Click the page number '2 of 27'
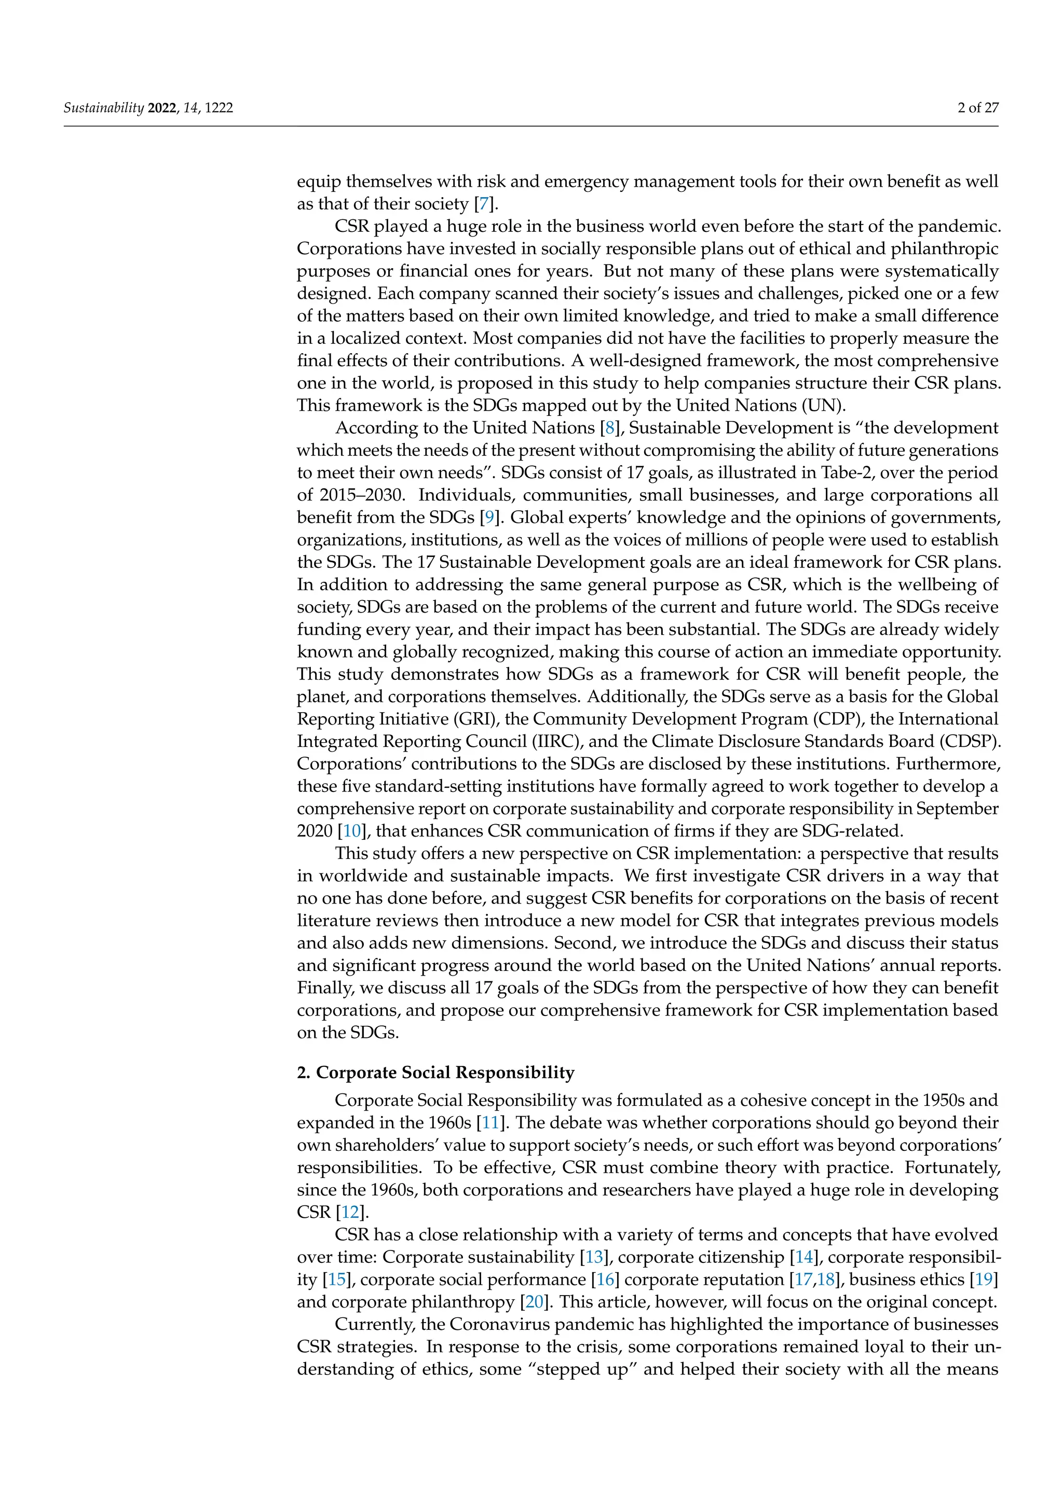pos(978,108)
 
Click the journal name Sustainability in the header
pos(103,108)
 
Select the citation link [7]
pos(484,204)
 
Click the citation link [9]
pos(489,518)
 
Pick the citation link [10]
pos(352,831)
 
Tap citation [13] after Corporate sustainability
pos(594,1257)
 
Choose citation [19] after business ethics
pos(984,1279)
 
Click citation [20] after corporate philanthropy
pos(534,1301)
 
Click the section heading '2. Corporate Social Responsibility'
pos(435,1073)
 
